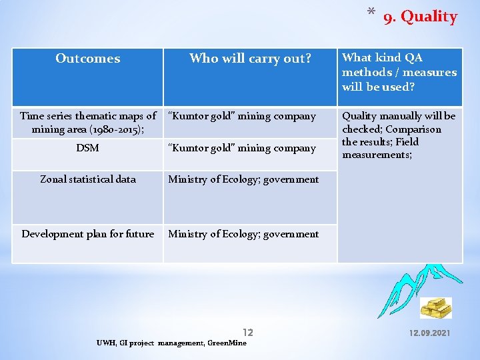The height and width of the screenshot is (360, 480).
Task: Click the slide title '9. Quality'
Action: (420, 17)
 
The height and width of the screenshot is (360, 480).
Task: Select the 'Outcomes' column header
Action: (87, 59)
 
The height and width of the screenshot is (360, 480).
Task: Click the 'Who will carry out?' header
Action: (250, 59)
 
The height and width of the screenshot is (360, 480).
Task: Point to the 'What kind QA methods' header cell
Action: (399, 72)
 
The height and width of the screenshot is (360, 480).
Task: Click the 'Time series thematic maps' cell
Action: (88, 122)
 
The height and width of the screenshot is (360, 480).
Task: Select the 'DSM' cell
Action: (87, 148)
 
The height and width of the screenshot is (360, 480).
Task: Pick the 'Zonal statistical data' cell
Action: (87, 179)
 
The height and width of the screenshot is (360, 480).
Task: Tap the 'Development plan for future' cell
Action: (87, 234)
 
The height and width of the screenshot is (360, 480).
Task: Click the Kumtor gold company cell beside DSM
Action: (242, 148)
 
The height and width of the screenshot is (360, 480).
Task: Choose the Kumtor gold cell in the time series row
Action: (242, 116)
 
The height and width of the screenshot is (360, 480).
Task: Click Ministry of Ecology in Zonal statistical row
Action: (243, 179)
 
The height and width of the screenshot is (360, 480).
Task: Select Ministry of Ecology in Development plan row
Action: (243, 234)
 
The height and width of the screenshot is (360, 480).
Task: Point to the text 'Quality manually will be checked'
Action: (399, 123)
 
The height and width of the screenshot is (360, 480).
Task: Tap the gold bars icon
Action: (435, 307)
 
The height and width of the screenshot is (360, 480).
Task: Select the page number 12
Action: (247, 332)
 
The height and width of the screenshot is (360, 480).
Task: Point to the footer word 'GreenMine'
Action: (227, 343)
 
